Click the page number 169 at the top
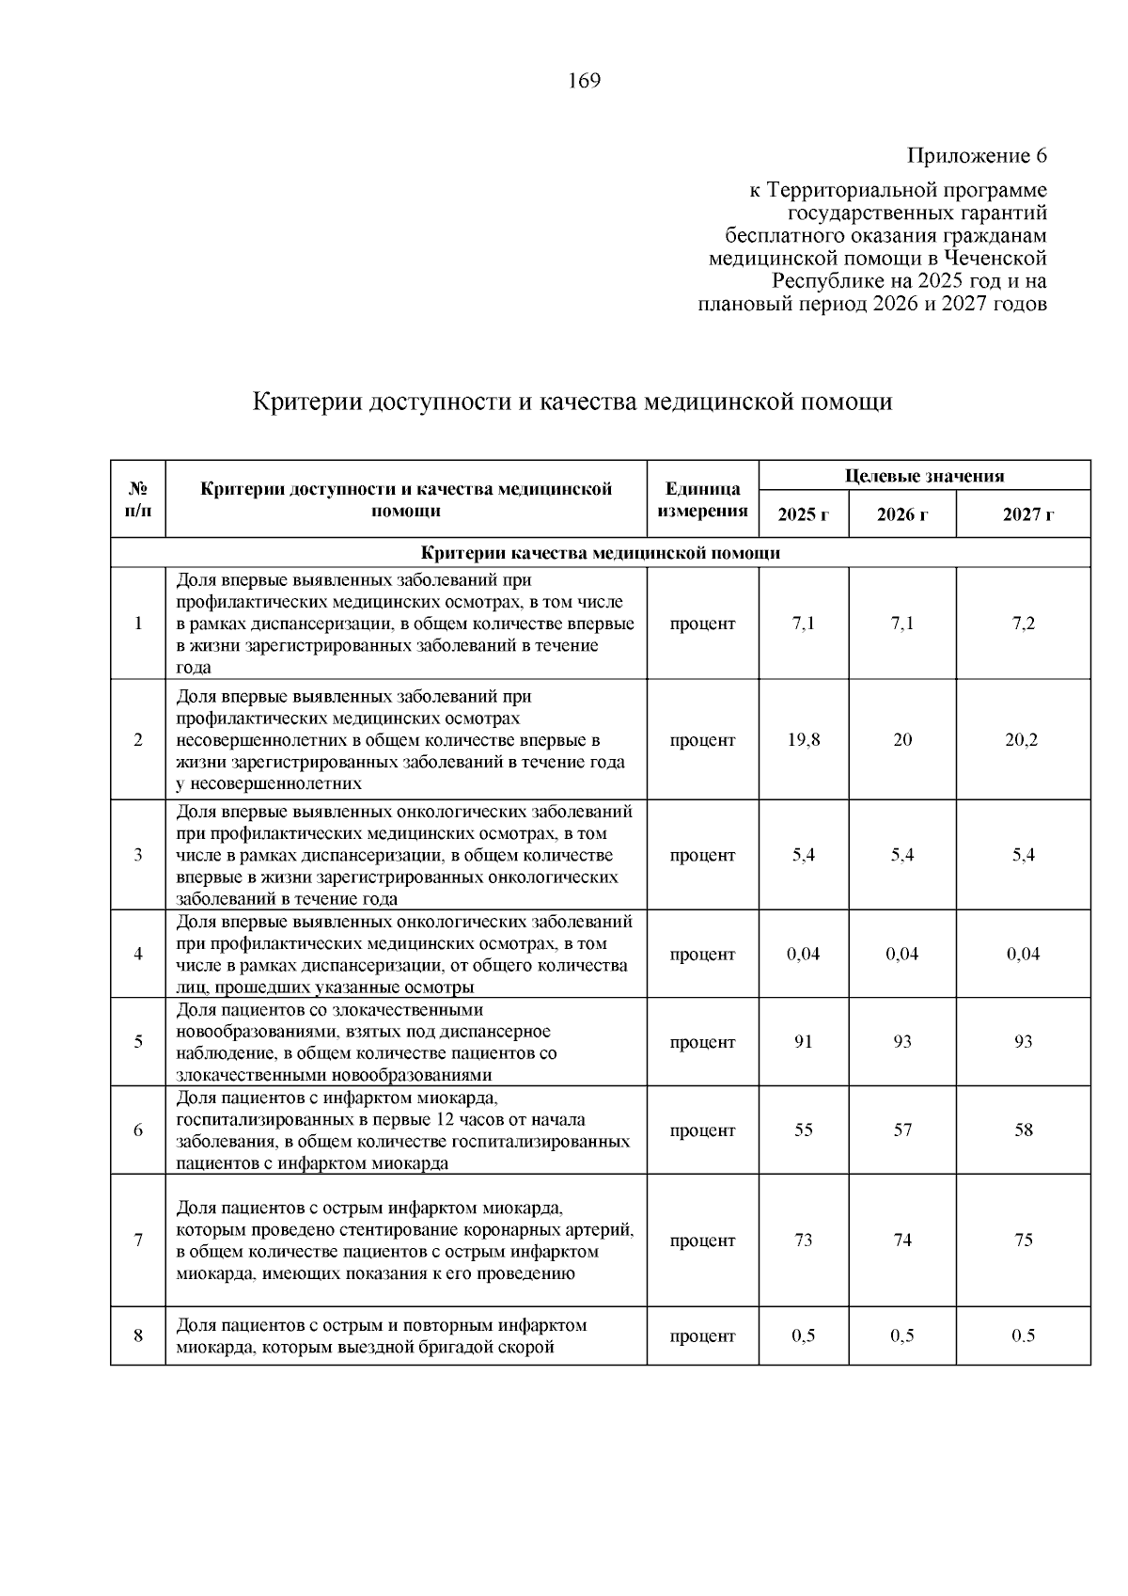pos(584,81)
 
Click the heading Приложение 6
pos(977,155)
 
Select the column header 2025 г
pos(803,514)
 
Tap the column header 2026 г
pos(901,514)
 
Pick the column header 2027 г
pos(1023,514)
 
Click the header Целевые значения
pos(924,476)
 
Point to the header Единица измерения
pos(702,500)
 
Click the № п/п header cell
pos(138,500)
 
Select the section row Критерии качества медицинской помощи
pos(600,553)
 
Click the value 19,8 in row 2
pos(803,740)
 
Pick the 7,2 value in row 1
pos(1023,624)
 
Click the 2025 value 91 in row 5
pos(803,1042)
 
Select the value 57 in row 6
pos(901,1130)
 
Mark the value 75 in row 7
pos(1023,1240)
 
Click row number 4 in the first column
pos(138,954)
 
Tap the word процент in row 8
pos(702,1336)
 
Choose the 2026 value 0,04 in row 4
pos(901,954)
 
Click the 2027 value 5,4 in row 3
pos(1023,856)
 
